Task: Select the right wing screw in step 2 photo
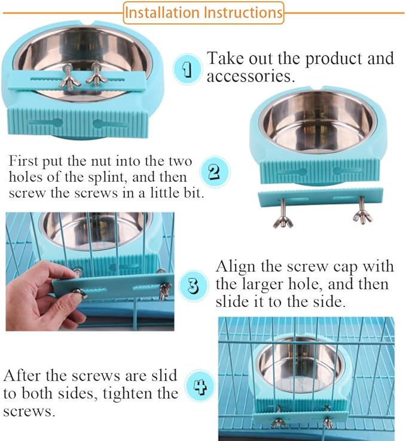pos(362,215)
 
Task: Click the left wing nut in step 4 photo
pos(278,422)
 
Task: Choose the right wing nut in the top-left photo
pos(94,77)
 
